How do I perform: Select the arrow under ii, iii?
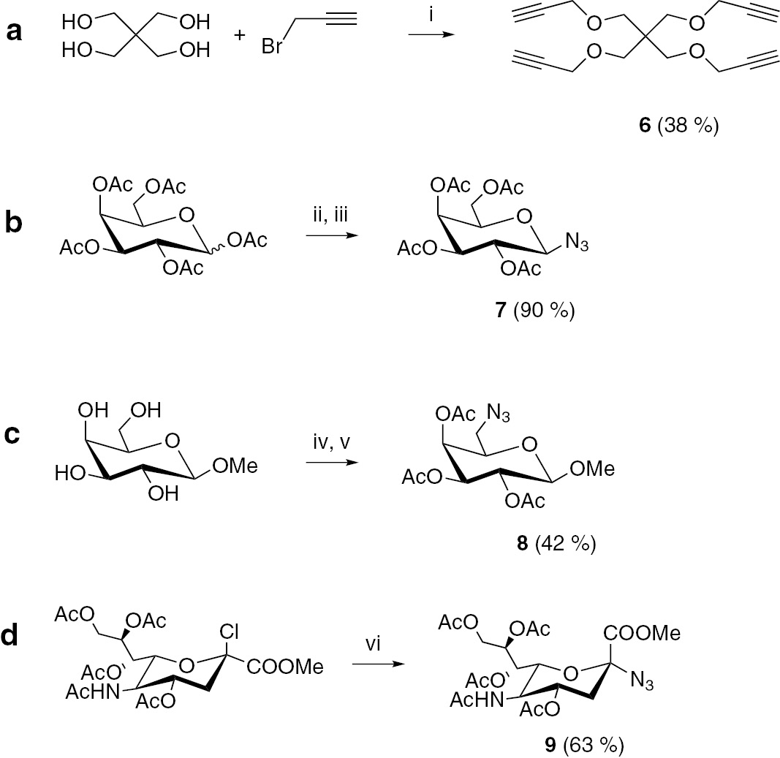click(327, 235)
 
